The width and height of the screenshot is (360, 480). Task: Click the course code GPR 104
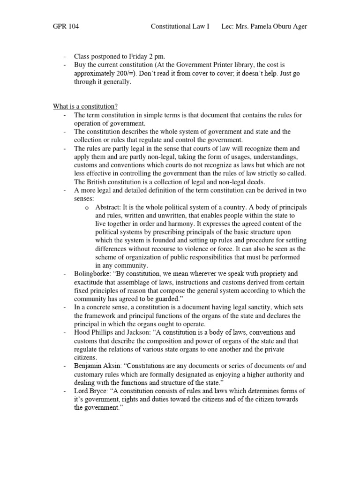[66, 27]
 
